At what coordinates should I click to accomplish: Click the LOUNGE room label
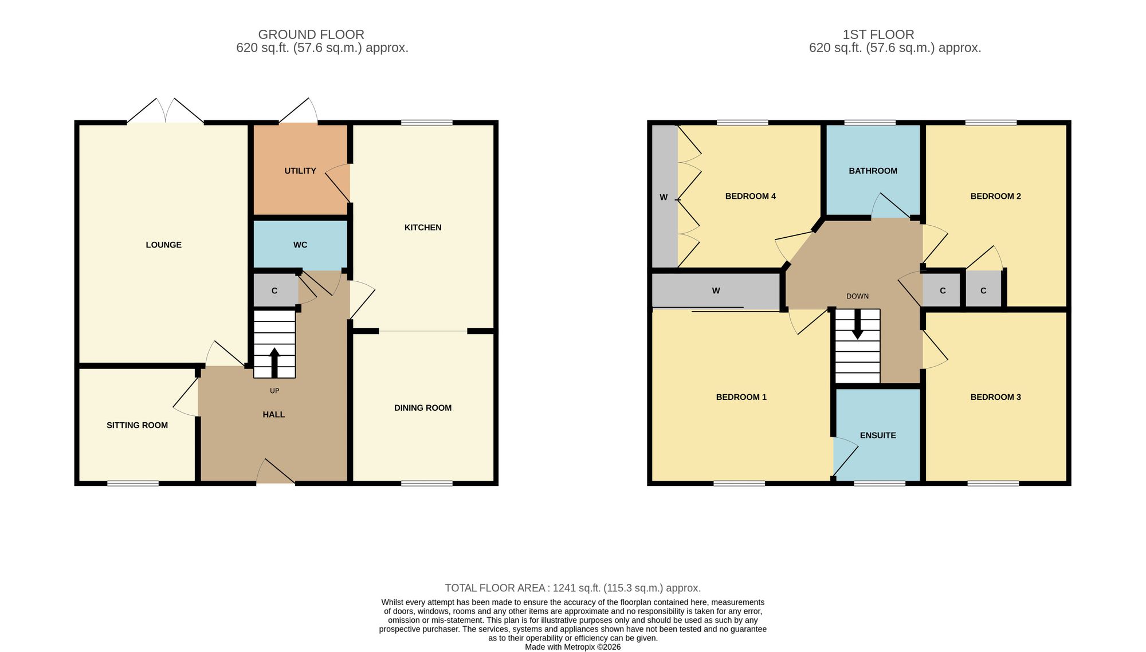163,245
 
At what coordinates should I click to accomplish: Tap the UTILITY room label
300,171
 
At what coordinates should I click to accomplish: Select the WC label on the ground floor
300,245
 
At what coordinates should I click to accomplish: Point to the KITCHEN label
423,227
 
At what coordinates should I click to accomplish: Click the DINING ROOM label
423,408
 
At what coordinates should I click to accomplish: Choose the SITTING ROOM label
137,425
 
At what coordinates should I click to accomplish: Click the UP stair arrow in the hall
274,363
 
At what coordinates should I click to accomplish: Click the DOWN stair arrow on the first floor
857,324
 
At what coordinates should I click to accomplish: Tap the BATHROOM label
873,171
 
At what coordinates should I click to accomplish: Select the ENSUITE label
878,435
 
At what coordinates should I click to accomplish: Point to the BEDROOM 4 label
751,196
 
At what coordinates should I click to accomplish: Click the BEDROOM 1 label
741,397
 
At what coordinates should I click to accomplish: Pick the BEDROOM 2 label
996,196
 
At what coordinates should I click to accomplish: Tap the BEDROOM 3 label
996,397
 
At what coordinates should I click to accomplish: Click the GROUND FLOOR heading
311,34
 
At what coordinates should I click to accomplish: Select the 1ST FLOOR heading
878,34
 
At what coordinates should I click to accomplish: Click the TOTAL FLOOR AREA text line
573,588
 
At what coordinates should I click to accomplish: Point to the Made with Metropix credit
573,647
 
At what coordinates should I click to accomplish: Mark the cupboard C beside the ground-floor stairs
274,291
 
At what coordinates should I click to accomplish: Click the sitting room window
133,484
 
